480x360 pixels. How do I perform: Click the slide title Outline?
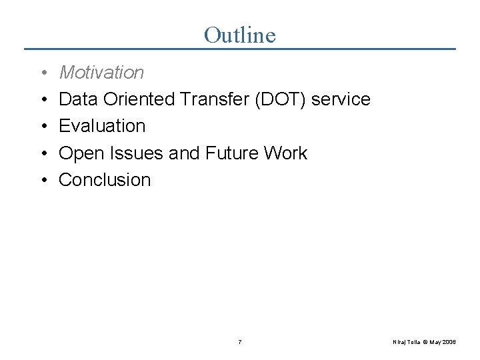pos(239,35)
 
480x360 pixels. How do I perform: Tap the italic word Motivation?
pos(101,72)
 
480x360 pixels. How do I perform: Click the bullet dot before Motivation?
pos(42,73)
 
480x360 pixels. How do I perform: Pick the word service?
pos(341,99)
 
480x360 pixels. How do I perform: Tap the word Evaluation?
pos(102,126)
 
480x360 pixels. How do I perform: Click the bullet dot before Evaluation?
pos(42,127)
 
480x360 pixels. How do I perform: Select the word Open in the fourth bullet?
pos(79,153)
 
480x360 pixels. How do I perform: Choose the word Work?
pos(285,153)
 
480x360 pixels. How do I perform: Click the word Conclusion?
pos(105,180)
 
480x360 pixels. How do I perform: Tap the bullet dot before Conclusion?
pos(42,181)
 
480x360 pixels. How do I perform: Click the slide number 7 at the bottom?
pos(240,342)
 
